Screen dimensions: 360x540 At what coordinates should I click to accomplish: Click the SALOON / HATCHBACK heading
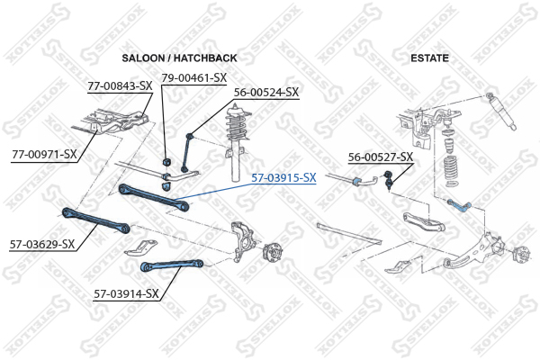pyautogui.click(x=179, y=58)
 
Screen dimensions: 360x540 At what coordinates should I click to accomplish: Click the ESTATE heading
pyautogui.click(x=429, y=58)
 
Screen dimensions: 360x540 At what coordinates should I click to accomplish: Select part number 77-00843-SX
pyautogui.click(x=120, y=86)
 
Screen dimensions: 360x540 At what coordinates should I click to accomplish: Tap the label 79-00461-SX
pyautogui.click(x=193, y=77)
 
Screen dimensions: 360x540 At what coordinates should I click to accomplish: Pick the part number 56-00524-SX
pyautogui.click(x=265, y=92)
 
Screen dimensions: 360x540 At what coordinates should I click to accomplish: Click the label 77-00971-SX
pyautogui.click(x=44, y=154)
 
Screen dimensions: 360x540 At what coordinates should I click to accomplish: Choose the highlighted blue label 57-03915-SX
pyautogui.click(x=283, y=178)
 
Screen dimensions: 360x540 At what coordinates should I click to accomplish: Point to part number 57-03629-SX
pyautogui.click(x=41, y=243)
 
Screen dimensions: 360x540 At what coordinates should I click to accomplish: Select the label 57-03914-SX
pyautogui.click(x=126, y=293)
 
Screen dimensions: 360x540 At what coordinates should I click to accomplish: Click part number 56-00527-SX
pyautogui.click(x=381, y=157)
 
